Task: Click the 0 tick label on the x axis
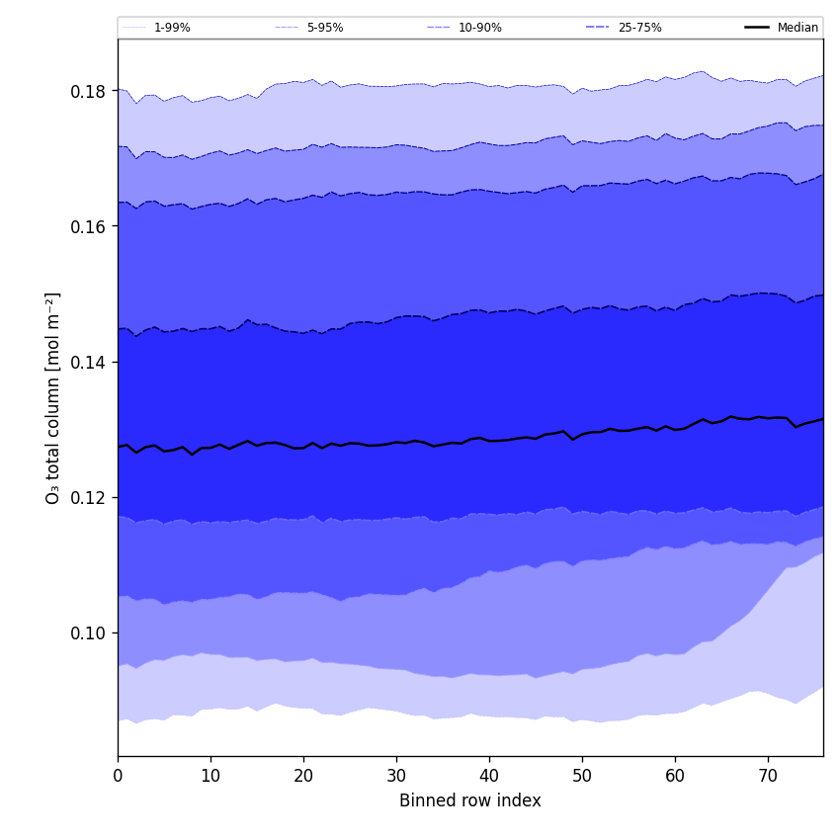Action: [x=118, y=777]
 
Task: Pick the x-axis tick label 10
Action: [x=210, y=777]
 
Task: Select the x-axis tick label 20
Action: [x=303, y=777]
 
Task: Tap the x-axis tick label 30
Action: [x=396, y=777]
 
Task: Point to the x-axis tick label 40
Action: [x=489, y=777]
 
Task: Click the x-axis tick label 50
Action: [x=582, y=777]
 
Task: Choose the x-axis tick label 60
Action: [x=675, y=777]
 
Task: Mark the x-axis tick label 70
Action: [x=768, y=777]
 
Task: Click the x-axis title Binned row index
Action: [x=470, y=800]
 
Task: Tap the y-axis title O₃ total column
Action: [x=53, y=397]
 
